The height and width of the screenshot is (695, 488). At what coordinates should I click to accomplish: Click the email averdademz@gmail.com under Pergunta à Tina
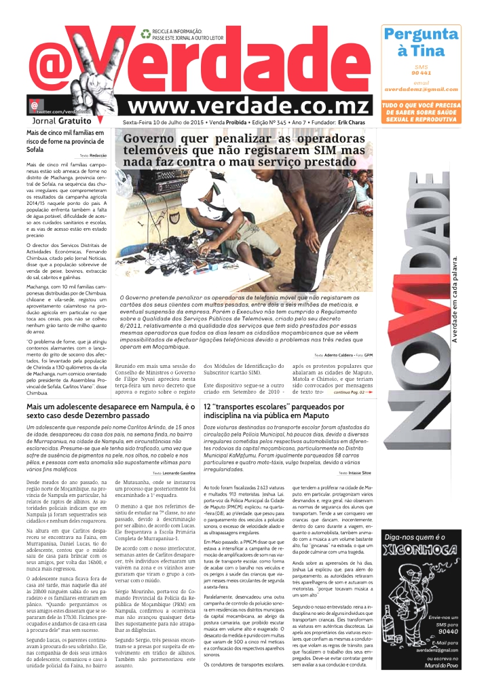pos(421,90)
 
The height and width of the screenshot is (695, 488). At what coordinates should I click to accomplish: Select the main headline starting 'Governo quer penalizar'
pos(244,151)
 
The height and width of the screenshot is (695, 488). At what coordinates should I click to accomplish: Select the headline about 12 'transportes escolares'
pos(274,411)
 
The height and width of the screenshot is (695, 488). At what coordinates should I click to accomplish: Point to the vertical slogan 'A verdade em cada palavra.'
pos(474,299)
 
